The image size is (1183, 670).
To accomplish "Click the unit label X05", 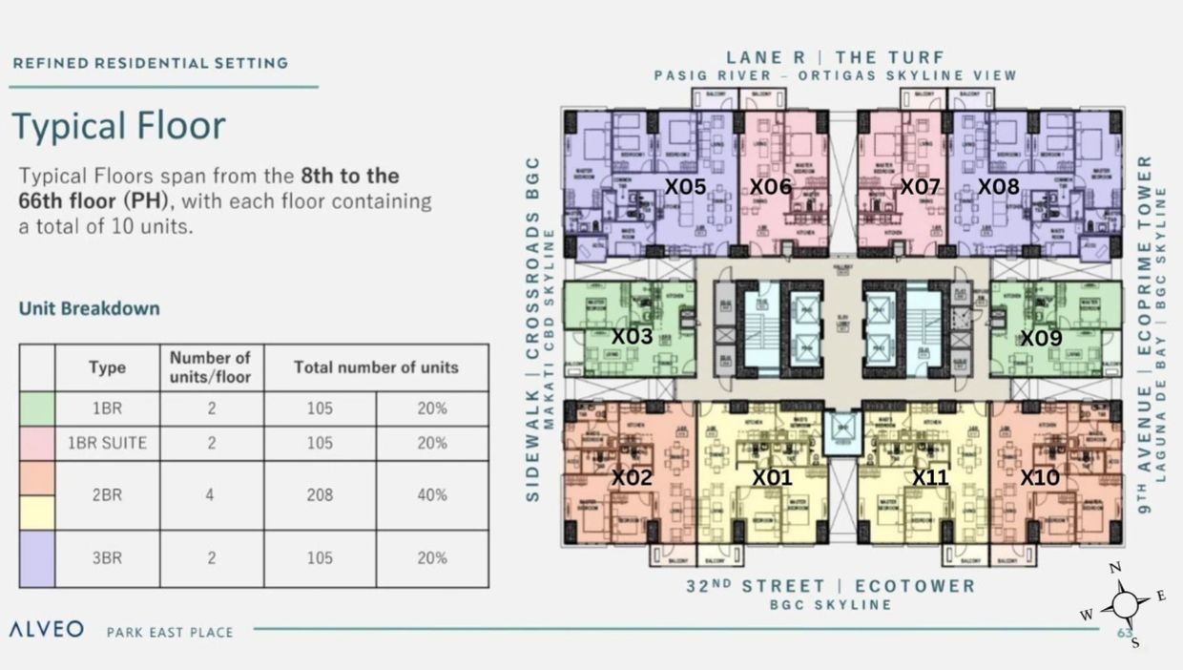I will [685, 187].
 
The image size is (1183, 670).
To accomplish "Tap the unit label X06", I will [770, 187].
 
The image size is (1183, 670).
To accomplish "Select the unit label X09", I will [1041, 338].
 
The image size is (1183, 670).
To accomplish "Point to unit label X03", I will [632, 337].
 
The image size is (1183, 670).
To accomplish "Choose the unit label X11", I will [930, 477].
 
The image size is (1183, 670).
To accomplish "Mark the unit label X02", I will [632, 477].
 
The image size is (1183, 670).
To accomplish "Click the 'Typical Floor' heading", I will [119, 126].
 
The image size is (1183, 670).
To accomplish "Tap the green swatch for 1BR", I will [37, 408].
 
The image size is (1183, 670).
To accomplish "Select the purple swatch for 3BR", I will [37, 558].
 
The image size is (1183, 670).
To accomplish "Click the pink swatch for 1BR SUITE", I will [37, 443].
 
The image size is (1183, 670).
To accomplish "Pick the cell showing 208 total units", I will [320, 495].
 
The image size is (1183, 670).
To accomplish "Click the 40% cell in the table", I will [431, 495].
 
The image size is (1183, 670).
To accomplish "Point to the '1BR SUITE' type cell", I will [107, 443].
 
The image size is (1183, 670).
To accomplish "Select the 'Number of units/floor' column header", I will [211, 367].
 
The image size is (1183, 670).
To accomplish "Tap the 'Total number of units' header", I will [376, 367].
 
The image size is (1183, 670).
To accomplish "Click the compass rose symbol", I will [1125, 604].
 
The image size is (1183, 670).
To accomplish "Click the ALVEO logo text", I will [46, 630].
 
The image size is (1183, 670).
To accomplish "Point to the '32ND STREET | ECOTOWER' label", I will [830, 586].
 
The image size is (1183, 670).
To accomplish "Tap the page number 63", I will [1125, 633].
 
